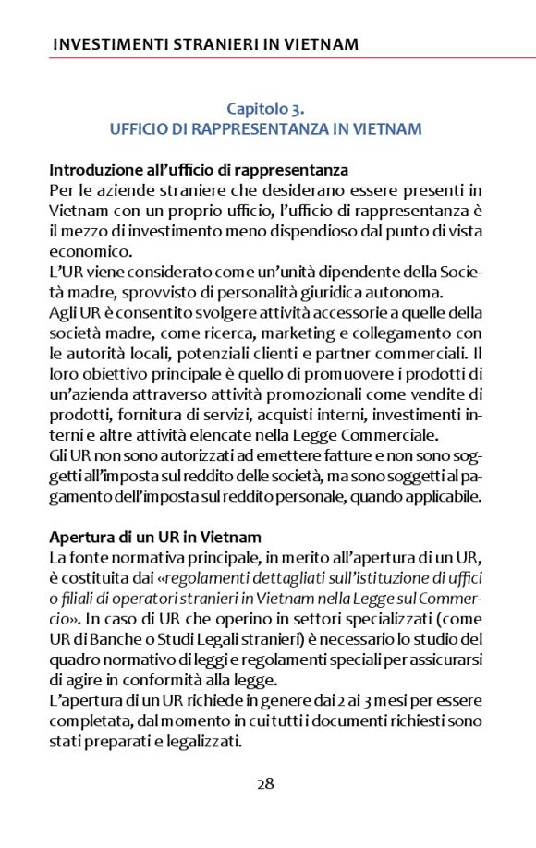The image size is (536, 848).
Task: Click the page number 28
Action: point(265,784)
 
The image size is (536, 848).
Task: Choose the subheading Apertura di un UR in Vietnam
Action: point(155,537)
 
